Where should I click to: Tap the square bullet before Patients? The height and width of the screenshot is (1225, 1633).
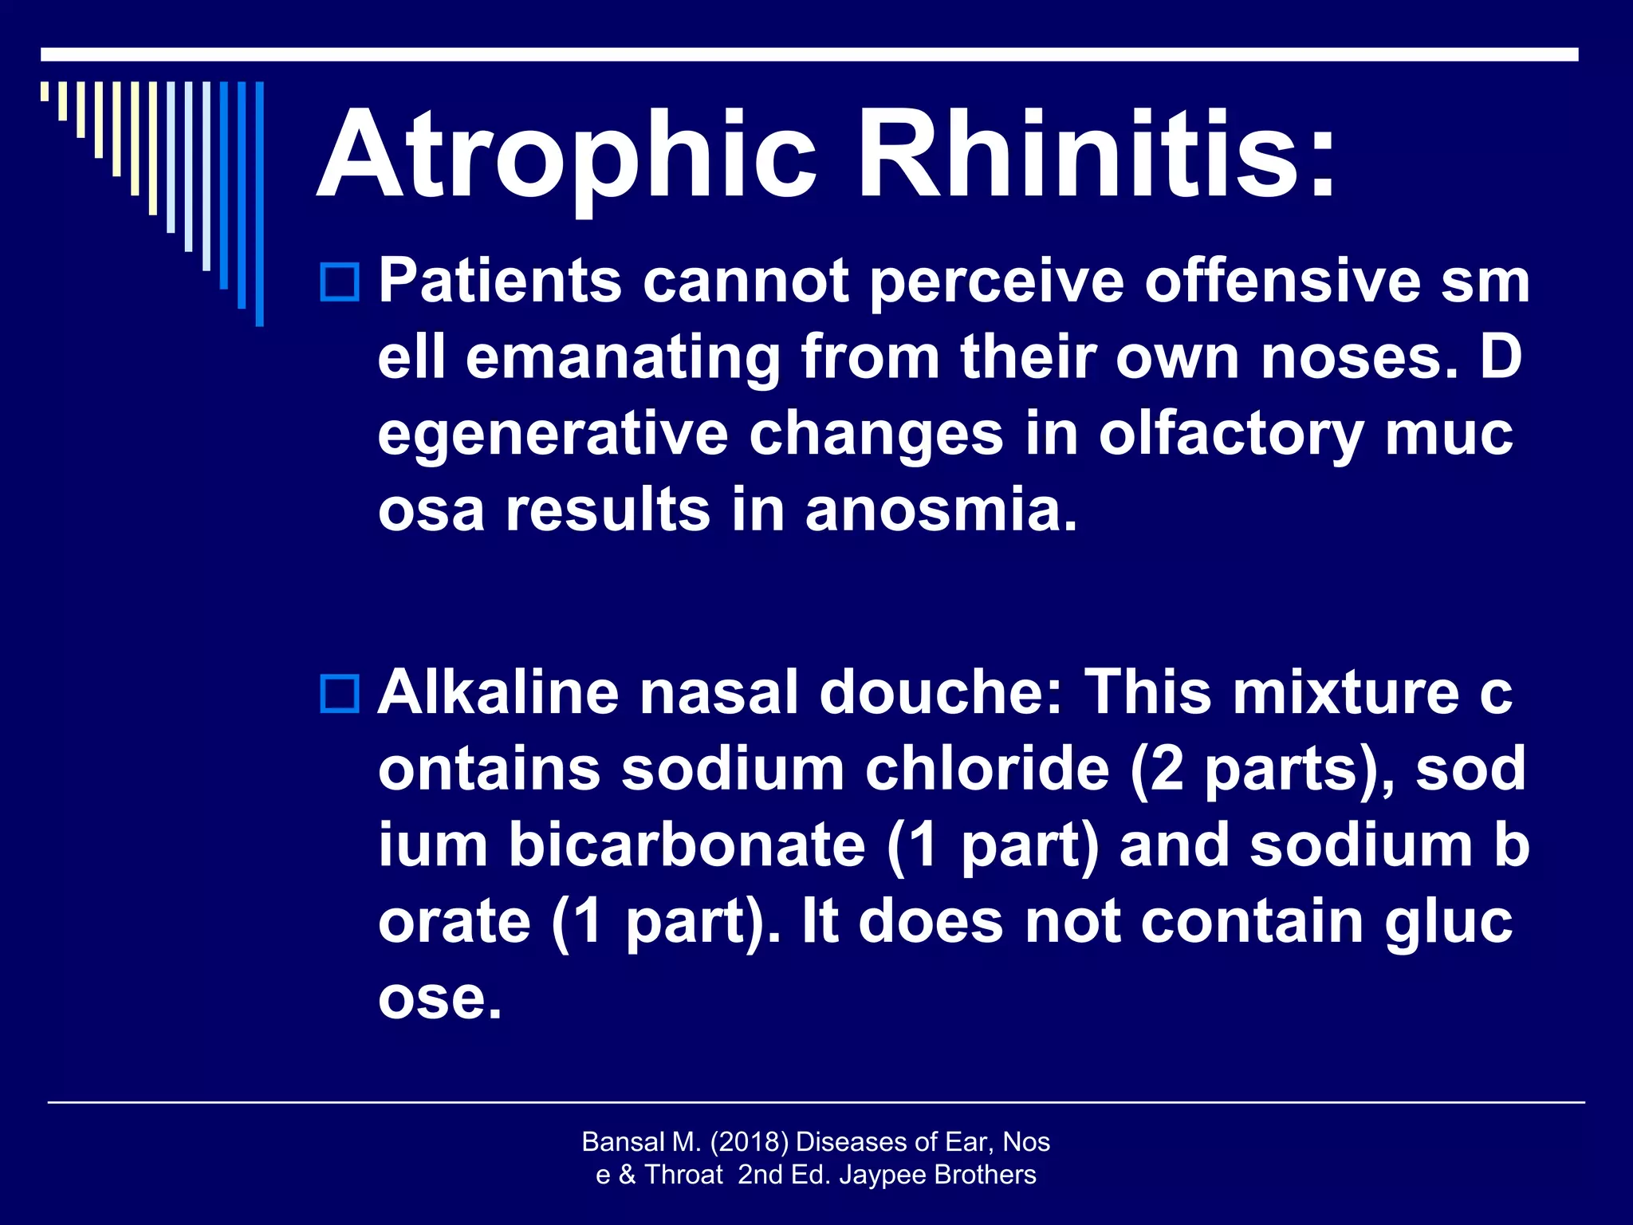pyautogui.click(x=340, y=282)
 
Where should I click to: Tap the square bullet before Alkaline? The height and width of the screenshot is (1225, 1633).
pyautogui.click(x=340, y=693)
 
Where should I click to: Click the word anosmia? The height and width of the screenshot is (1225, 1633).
pyautogui.click(x=941, y=510)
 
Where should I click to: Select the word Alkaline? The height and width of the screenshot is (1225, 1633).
pyautogui.click(x=498, y=692)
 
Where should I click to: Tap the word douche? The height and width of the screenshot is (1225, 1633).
pyautogui.click(x=941, y=692)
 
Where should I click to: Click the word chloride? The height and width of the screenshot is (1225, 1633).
pyautogui.click(x=987, y=769)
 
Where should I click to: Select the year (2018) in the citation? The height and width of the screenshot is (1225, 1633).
pyautogui.click(x=748, y=1142)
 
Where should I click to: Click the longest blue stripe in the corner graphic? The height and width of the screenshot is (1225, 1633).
pyautogui.click(x=259, y=203)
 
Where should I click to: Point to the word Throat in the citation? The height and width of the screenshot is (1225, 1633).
pyautogui.click(x=683, y=1175)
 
